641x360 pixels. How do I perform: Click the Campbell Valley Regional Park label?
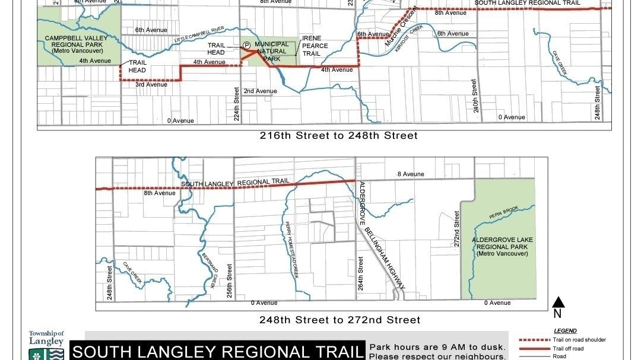(80, 44)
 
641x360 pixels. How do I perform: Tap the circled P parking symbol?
(246, 44)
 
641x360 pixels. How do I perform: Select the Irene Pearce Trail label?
(315, 46)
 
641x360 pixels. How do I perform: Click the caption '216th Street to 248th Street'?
(338, 136)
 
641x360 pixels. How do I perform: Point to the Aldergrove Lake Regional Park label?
(502, 247)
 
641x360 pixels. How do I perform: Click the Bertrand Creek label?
(208, 269)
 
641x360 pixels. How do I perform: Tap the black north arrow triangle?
(558, 302)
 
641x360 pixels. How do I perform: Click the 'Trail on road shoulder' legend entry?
(579, 340)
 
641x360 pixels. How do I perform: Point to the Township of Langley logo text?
(46, 338)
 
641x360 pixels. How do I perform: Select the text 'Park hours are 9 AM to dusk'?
(437, 347)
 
